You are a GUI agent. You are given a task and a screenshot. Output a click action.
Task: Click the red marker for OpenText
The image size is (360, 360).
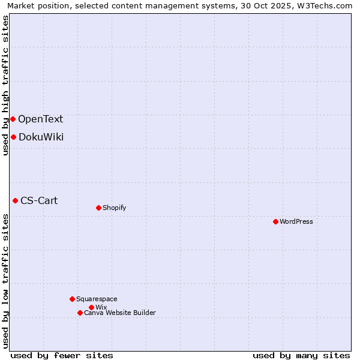tap(13, 119)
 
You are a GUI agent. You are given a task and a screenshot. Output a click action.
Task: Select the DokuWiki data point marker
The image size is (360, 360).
tap(13, 137)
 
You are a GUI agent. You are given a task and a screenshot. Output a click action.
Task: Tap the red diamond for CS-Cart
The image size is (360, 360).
tap(15, 200)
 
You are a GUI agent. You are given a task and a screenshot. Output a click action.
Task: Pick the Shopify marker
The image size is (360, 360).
tap(98, 208)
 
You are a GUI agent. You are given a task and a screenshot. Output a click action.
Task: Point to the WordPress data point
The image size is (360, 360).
tap(275, 221)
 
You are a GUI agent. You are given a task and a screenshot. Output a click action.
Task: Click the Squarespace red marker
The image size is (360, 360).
tap(72, 299)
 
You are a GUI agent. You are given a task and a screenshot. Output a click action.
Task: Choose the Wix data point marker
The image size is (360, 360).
tap(91, 307)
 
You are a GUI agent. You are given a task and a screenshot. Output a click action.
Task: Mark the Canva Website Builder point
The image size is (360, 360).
tap(80, 313)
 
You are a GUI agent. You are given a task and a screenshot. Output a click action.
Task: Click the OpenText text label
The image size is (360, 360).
tap(40, 119)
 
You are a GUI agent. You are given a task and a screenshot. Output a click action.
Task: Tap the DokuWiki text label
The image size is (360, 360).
tap(41, 137)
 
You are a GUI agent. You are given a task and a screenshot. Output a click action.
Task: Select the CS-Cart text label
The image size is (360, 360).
tap(39, 200)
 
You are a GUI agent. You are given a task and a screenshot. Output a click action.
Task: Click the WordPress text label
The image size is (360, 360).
tap(296, 221)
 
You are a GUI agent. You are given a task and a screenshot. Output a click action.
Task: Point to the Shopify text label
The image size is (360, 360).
tap(114, 208)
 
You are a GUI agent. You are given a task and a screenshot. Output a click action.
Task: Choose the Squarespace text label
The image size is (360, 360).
tap(97, 299)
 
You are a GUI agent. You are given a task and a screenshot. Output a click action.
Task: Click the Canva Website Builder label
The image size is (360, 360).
tap(120, 313)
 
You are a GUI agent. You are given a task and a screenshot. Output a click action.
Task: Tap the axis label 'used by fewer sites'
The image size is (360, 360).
tap(62, 355)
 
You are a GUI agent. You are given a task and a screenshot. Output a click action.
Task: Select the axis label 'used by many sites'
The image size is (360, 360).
tap(301, 355)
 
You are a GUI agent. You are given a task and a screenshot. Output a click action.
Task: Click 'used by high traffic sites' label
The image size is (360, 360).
tap(5, 85)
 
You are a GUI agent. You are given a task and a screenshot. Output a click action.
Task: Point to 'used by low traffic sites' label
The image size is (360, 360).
tap(5, 281)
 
